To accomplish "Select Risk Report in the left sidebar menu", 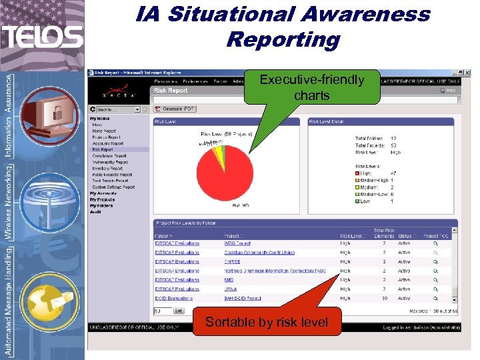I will click(x=102, y=150).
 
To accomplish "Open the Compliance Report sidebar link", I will click(x=109, y=156).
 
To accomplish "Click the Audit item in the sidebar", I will click(x=95, y=212).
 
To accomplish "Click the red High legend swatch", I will click(x=357, y=173).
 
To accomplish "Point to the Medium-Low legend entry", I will click(x=375, y=194).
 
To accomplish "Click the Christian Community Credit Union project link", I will click(x=259, y=253).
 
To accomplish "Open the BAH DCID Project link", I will click(x=242, y=298).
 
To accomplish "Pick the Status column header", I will click(x=405, y=235).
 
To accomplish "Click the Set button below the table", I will click(x=179, y=311).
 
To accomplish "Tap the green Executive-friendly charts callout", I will click(x=312, y=87).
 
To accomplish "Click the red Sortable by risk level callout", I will click(x=267, y=323).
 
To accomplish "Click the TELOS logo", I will click(x=42, y=36).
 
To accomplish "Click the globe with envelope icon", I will click(x=43, y=300).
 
